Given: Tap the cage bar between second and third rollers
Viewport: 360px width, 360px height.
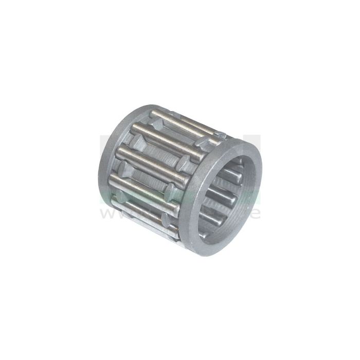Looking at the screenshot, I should [154, 149].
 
